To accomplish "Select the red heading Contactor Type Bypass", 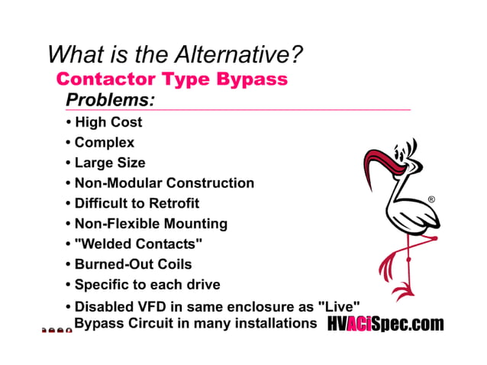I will [172, 79].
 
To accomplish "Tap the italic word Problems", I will [111, 99].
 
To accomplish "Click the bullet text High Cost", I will [108, 122].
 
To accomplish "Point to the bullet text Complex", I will [104, 143].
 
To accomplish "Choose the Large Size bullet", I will [109, 163].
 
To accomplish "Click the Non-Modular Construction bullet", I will [164, 183].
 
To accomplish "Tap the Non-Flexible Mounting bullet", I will [150, 224].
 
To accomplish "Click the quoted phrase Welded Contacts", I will [138, 244].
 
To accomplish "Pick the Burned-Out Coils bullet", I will [133, 265].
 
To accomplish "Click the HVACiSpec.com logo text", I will [385, 325].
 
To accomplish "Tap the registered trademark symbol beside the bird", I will [431, 200].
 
